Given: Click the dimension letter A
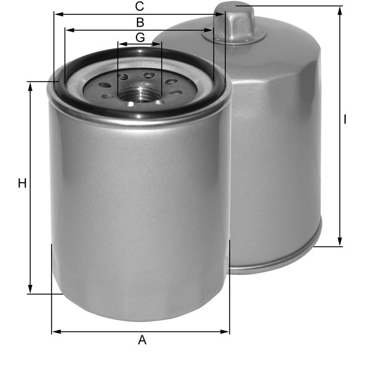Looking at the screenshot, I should coord(142,341).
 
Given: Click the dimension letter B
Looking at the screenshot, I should coord(139,23).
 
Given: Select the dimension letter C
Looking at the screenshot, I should coord(139,7).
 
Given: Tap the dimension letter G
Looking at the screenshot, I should coord(139,38).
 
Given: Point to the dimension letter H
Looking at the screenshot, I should coord(22,184).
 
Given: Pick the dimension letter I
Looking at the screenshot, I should coord(345,120).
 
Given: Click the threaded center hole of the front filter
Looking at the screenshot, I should coord(139,92).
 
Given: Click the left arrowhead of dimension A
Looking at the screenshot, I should coord(55,332).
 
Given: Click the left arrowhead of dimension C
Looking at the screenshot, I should coord(57,15).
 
